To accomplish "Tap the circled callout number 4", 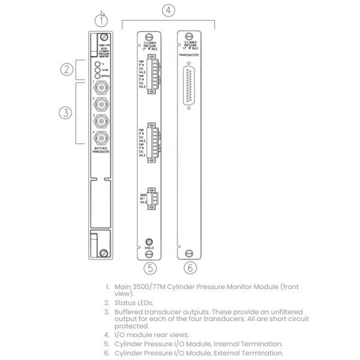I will coord(169,10).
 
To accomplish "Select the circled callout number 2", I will coord(67,69).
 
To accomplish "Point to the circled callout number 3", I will coord(67,112).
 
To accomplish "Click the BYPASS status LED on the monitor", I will coord(97,77).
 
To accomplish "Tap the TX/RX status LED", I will coord(97,70).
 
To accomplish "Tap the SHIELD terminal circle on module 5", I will coord(149,241).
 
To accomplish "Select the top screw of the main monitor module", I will coord(103,37).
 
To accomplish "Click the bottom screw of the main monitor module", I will coord(104,254).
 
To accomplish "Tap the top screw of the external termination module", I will coord(190,36).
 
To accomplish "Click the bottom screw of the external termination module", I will coord(190,253).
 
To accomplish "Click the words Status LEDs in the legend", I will coord(130,303).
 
